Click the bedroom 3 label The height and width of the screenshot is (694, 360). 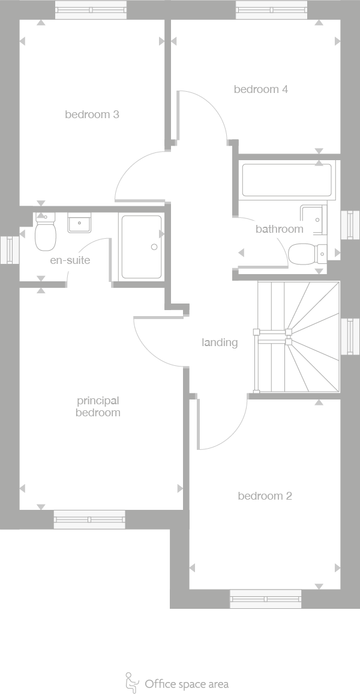92,114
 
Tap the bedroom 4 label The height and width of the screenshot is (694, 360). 260,89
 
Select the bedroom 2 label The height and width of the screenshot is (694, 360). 265,496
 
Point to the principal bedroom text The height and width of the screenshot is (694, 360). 98,407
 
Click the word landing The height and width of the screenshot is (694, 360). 220,343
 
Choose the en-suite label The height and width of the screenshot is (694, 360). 70,260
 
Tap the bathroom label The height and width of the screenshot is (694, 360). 279,229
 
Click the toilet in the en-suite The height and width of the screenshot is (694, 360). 45,233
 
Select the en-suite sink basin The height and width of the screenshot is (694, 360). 79,223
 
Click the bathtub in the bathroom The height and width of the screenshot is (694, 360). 286,181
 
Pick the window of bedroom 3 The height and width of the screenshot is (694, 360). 91,10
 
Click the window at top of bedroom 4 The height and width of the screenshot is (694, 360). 272,10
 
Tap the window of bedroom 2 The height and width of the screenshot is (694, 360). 265,599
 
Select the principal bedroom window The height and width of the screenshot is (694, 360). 89,519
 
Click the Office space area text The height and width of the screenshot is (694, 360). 187,684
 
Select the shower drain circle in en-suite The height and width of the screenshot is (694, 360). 154,247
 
